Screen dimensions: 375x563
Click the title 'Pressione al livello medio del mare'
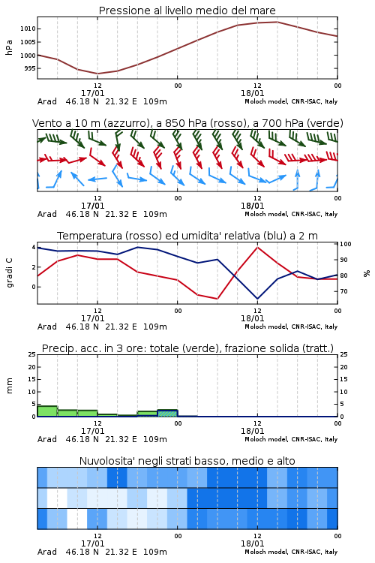pyautogui.click(x=187, y=11)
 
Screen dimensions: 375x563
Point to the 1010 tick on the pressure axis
pyautogui.click(x=28, y=29)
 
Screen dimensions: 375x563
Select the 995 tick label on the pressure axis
pyautogui.click(x=30, y=68)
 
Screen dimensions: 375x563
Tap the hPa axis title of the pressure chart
pyautogui.click(x=9, y=47)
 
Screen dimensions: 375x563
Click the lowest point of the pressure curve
pyautogui.click(x=97, y=74)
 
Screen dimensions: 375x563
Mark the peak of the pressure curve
pyautogui.click(x=277, y=22)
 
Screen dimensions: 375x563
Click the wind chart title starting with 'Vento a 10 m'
pyautogui.click(x=187, y=123)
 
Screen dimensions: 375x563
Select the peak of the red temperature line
pyautogui.click(x=257, y=247)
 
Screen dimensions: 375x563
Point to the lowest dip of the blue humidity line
pyautogui.click(x=257, y=298)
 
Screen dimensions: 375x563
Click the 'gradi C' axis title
pyautogui.click(x=9, y=272)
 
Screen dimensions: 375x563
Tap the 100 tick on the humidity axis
pyautogui.click(x=346, y=244)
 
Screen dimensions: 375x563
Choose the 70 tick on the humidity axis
pyautogui.click(x=343, y=291)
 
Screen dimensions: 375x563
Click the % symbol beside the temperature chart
pyautogui.click(x=367, y=273)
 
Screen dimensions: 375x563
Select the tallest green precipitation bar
pyautogui.click(x=47, y=411)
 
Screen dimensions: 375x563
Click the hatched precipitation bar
pyautogui.click(x=167, y=413)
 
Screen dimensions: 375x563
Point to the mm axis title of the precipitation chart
pyautogui.click(x=9, y=385)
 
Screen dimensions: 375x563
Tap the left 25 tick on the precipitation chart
pyautogui.click(x=32, y=354)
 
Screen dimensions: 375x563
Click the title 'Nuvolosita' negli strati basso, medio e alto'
pyautogui.click(x=187, y=461)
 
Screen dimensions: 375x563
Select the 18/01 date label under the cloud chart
pyautogui.click(x=252, y=543)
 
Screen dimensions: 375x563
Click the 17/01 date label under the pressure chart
pyautogui.click(x=92, y=93)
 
